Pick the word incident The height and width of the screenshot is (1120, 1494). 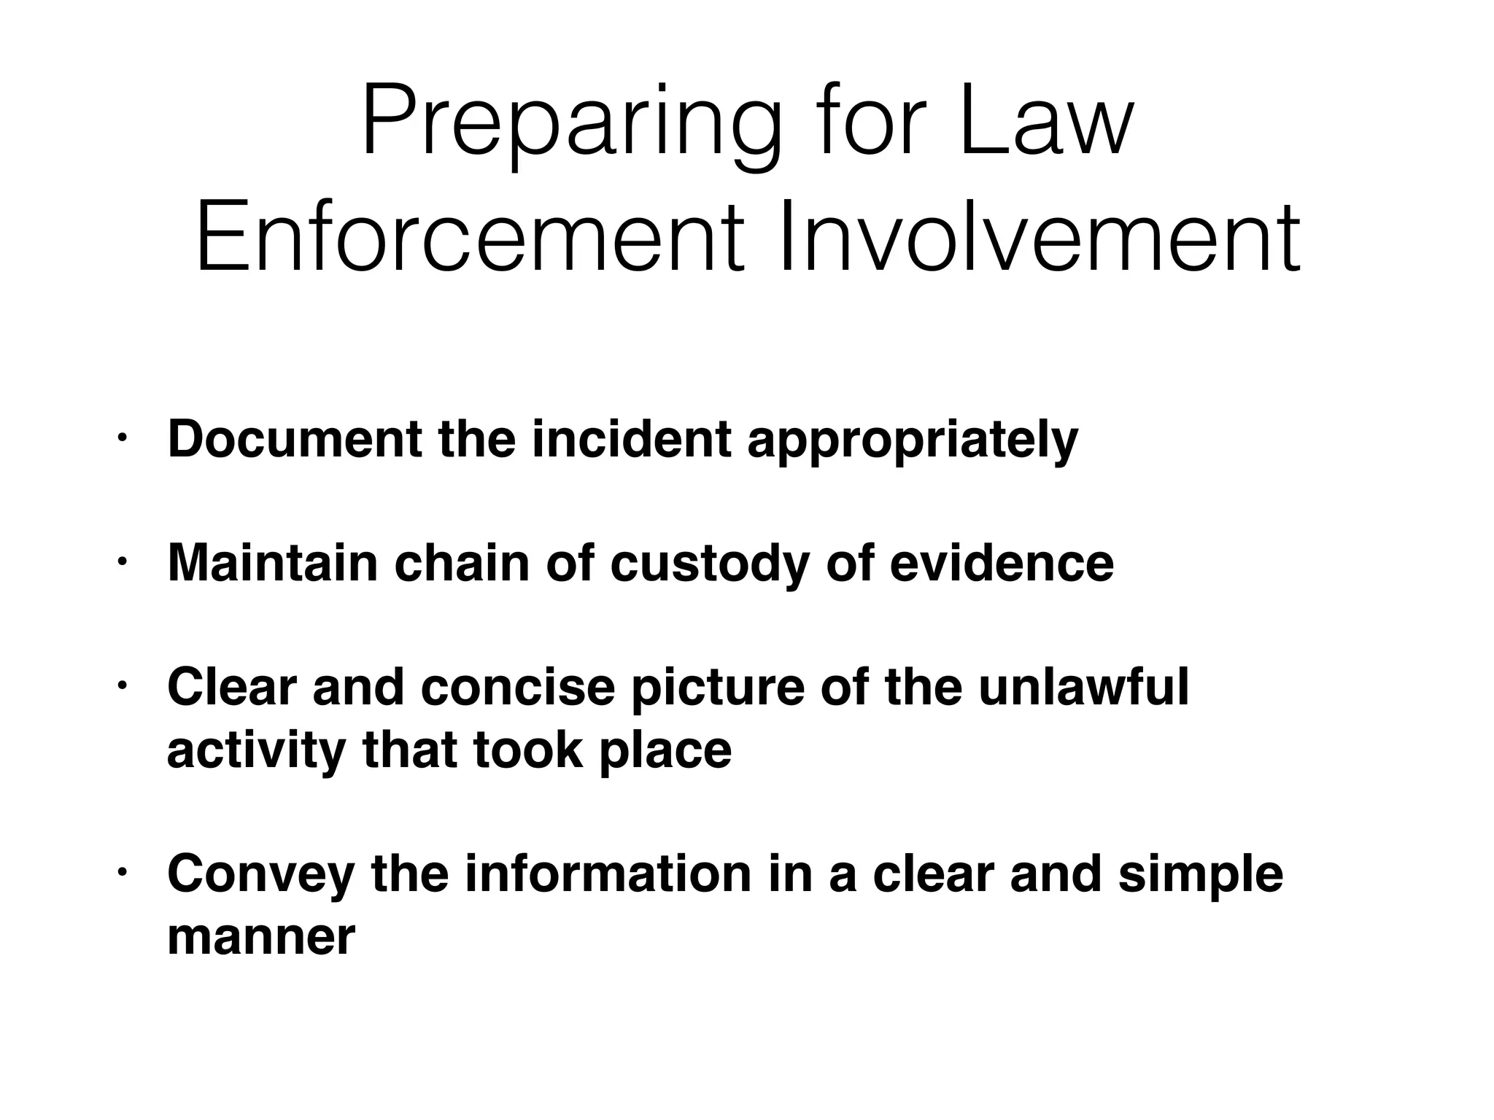[632, 439]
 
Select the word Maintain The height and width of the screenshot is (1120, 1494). [273, 563]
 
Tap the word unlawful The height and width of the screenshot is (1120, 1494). [1083, 687]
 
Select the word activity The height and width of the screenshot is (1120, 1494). [256, 751]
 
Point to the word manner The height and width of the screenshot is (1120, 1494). [261, 936]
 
